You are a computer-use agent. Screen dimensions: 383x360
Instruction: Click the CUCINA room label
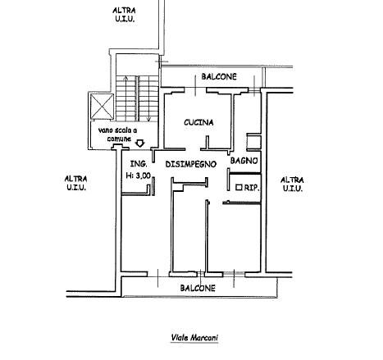coord(198,122)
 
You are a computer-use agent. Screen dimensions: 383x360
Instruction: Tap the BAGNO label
coord(244,161)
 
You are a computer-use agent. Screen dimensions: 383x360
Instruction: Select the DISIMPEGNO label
coord(191,164)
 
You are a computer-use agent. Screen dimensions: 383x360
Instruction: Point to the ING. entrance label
coord(139,164)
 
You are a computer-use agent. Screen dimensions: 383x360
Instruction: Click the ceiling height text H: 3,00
coord(138,175)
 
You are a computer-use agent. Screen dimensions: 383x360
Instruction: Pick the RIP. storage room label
coord(252,188)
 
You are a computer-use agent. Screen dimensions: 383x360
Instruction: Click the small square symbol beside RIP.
coord(239,187)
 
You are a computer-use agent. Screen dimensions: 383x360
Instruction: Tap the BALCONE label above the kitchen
coord(219,76)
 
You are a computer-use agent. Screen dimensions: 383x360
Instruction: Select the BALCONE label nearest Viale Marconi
coord(198,288)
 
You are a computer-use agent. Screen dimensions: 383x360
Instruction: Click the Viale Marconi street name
coord(194,338)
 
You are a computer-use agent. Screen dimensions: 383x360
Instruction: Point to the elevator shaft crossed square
coord(102,107)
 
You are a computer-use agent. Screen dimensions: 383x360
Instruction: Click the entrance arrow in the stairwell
coord(140,144)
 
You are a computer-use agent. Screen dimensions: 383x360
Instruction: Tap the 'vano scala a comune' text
coord(117,134)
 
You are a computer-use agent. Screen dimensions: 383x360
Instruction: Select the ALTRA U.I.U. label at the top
coord(124,15)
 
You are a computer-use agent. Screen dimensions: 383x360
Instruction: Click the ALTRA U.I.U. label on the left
coord(75,183)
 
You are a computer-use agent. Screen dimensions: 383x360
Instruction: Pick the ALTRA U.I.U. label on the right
coord(292,184)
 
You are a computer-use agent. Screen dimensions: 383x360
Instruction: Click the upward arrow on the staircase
coord(125,98)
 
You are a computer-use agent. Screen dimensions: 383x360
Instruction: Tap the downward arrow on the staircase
coord(148,98)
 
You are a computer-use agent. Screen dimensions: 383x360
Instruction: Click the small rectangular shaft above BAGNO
coord(253,142)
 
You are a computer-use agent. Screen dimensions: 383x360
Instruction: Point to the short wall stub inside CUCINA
coord(207,143)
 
